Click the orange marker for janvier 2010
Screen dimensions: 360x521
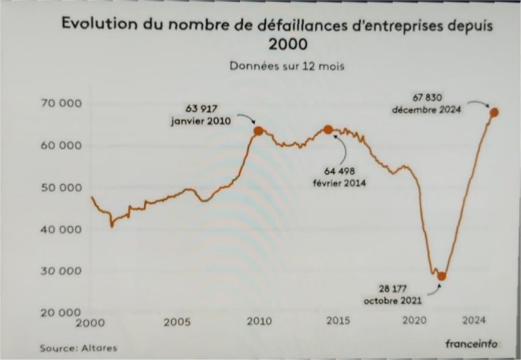tap(258, 131)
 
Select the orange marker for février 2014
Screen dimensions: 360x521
tap(328, 130)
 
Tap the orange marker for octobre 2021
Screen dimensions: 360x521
tap(441, 276)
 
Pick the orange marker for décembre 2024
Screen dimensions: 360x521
tap(494, 112)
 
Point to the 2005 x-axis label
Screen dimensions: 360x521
tap(175, 322)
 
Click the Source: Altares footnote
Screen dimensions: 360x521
tap(74, 347)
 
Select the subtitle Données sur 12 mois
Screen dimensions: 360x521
tap(287, 66)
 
